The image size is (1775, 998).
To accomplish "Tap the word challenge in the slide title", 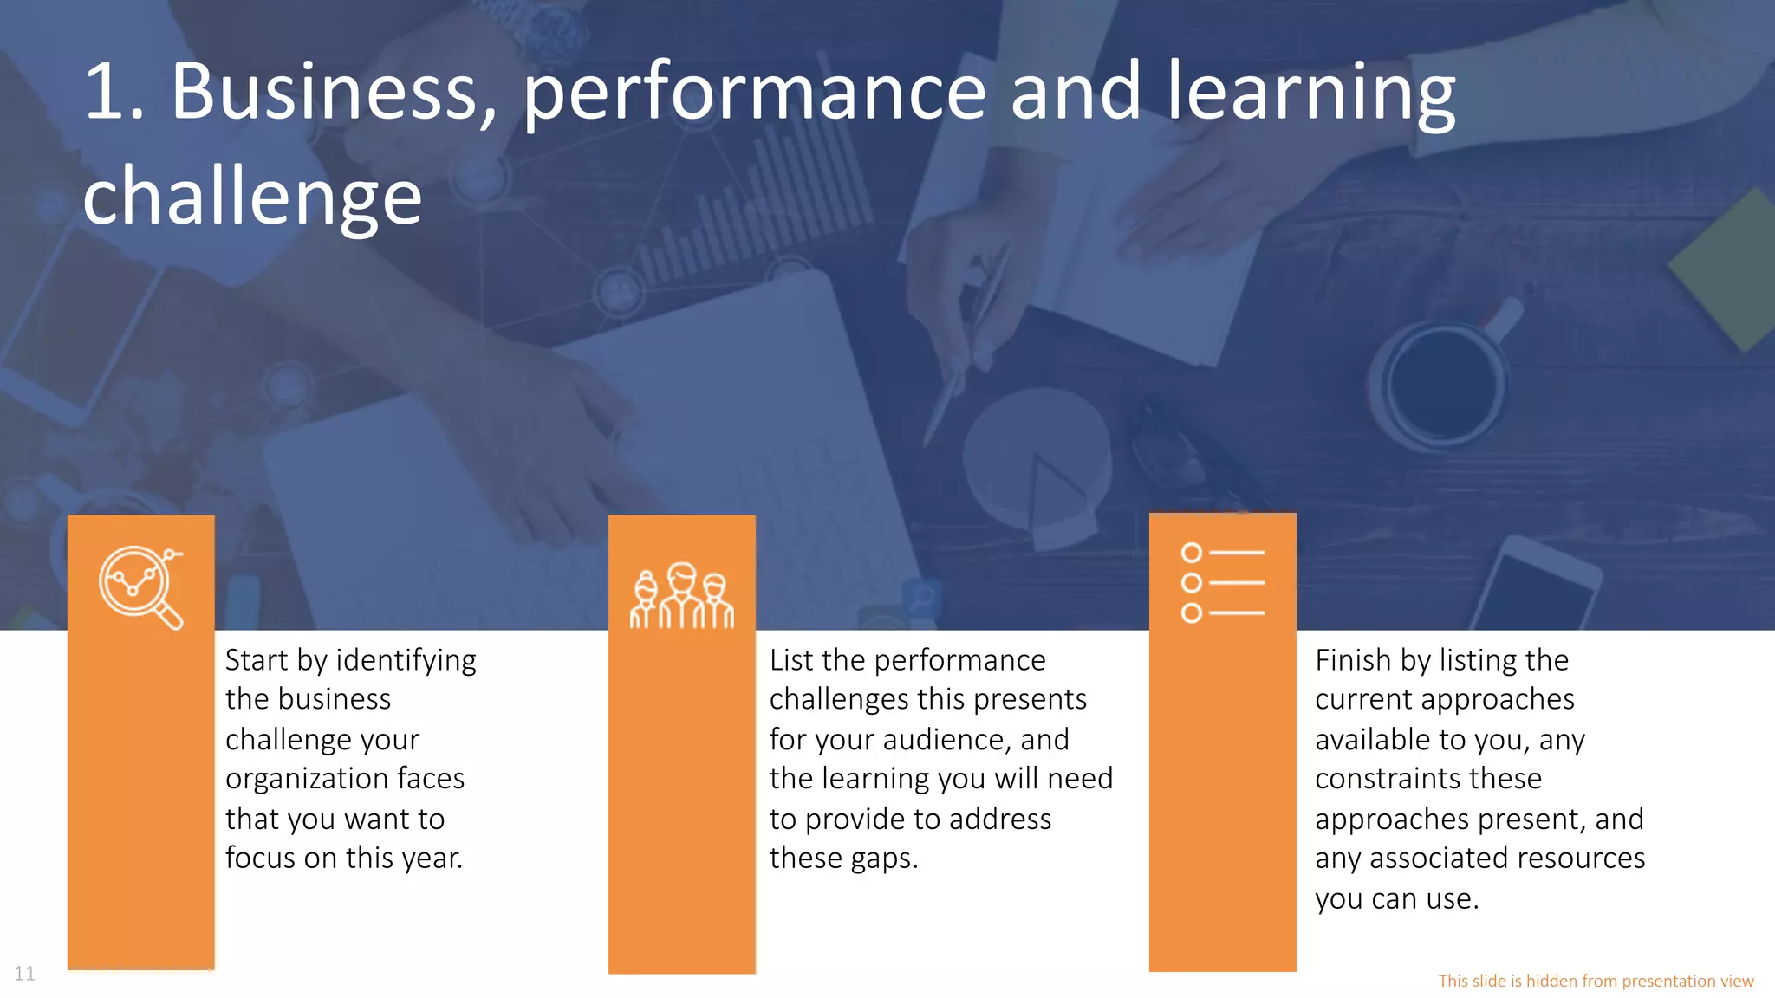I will (x=252, y=198).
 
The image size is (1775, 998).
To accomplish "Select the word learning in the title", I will (x=1310, y=92).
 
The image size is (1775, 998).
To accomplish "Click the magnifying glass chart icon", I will (x=140, y=586).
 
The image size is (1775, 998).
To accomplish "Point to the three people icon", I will (x=681, y=595).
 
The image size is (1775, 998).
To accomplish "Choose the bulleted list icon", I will (x=1222, y=582).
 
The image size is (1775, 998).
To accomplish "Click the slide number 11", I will (x=24, y=974).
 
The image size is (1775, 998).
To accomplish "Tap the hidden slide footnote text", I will (x=1596, y=981).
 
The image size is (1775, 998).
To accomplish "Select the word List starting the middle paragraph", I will (x=791, y=660).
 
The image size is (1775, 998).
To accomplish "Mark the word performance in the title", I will (x=754, y=92).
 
